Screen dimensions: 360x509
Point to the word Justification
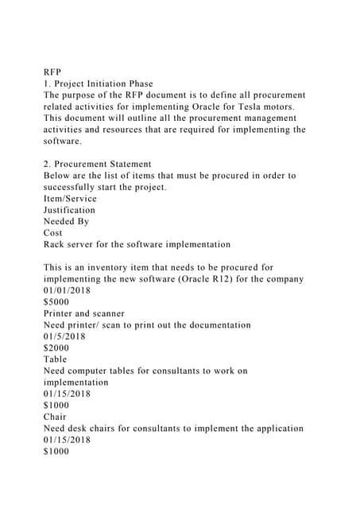69,210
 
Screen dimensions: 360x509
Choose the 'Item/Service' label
70,199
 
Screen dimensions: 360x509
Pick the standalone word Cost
53,233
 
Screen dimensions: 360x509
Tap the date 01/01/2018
68,290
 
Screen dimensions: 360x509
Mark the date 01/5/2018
65,336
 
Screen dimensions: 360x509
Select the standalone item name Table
56,359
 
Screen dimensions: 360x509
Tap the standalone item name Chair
56,417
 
